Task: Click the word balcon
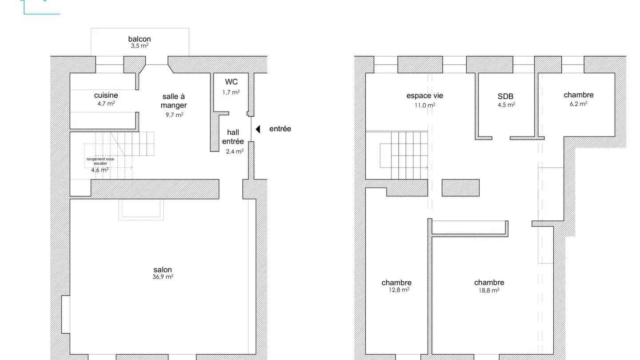pyautogui.click(x=140, y=39)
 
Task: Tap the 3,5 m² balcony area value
pyautogui.click(x=140, y=46)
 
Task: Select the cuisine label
pyautogui.click(x=106, y=95)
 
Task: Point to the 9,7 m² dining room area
pyautogui.click(x=174, y=115)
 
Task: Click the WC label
pyautogui.click(x=231, y=82)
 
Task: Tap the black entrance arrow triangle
pyautogui.click(x=258, y=129)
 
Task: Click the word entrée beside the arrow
pyautogui.click(x=280, y=129)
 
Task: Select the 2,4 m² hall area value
pyautogui.click(x=235, y=151)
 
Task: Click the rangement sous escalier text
pyautogui.click(x=100, y=161)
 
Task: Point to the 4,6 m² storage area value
pyautogui.click(x=100, y=170)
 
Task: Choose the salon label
pyautogui.click(x=163, y=269)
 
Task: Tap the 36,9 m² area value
pyautogui.click(x=163, y=276)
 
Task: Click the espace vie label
pyautogui.click(x=424, y=96)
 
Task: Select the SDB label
pyautogui.click(x=505, y=96)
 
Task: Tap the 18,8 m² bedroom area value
pyautogui.click(x=489, y=290)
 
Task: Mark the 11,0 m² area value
pyautogui.click(x=425, y=105)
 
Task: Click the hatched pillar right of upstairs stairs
pyautogui.click(x=460, y=188)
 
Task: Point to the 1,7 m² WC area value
pyautogui.click(x=231, y=92)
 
